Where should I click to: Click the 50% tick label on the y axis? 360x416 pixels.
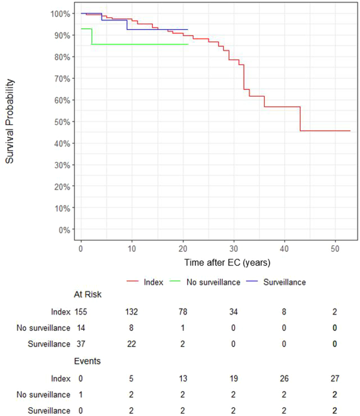pyautogui.click(x=62, y=122)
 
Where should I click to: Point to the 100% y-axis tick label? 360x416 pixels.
pyautogui.click(x=60, y=14)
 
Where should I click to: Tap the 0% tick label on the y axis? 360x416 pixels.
pyautogui.click(x=64, y=230)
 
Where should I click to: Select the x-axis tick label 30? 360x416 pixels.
pyautogui.click(x=234, y=249)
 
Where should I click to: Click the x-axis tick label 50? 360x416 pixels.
pyautogui.click(x=335, y=249)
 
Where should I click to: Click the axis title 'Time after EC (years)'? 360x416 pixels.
pyautogui.click(x=227, y=262)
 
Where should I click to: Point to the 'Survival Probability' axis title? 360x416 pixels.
pyautogui.click(x=10, y=121)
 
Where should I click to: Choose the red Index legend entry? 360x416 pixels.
pyautogui.click(x=145, y=282)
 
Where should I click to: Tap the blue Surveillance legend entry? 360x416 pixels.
pyautogui.click(x=276, y=282)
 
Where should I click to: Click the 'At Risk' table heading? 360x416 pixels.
pyautogui.click(x=88, y=295)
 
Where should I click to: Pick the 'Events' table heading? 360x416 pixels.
pyautogui.click(x=87, y=361)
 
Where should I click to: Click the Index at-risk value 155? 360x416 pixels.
pyautogui.click(x=81, y=311)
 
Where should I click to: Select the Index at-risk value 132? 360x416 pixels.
pyautogui.click(x=132, y=311)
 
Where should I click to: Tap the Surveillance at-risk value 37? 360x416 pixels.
pyautogui.click(x=81, y=344)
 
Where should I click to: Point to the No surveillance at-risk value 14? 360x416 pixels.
pyautogui.click(x=81, y=328)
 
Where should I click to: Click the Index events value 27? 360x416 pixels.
pyautogui.click(x=335, y=378)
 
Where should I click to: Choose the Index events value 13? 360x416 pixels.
pyautogui.click(x=183, y=378)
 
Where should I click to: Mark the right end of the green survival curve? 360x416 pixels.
pyautogui.click(x=188, y=44)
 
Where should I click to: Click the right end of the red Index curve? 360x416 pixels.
pyautogui.click(x=350, y=131)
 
